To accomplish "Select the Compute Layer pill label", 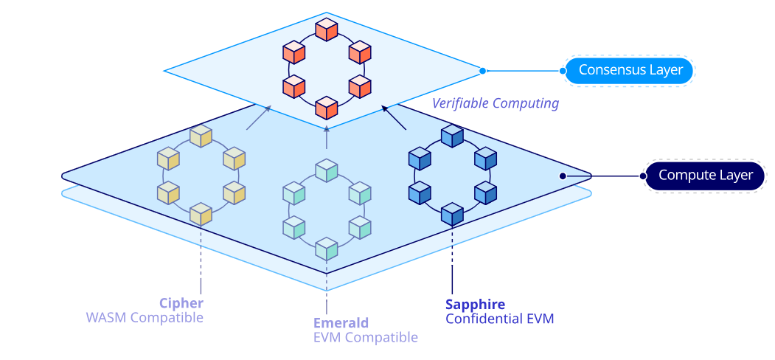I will (705, 176).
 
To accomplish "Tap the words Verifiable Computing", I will (495, 103).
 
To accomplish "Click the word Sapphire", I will (475, 304).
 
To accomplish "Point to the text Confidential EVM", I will (499, 319).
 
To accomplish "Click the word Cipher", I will (181, 303).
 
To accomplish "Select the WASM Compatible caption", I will (145, 318).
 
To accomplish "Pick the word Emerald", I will (341, 323).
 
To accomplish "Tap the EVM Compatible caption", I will (366, 338).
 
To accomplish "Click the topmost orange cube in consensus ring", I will (326, 30).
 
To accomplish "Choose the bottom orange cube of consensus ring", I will (326, 108).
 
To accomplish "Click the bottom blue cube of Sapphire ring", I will (451, 214).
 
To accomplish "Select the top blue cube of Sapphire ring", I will (451, 136).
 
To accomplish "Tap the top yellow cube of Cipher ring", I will (201, 136).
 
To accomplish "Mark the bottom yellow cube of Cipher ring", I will (201, 214).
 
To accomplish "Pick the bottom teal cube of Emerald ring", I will (326, 249).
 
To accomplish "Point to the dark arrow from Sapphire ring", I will (395, 118).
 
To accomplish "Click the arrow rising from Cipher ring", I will (259, 118).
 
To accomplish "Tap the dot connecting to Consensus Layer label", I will (482, 71).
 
